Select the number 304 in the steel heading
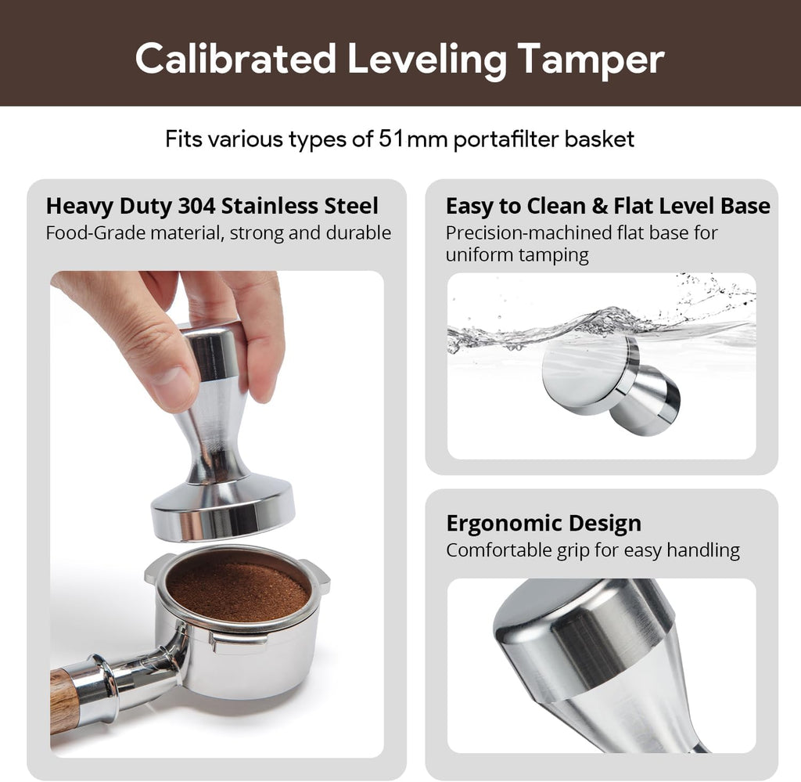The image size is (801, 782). click(197, 206)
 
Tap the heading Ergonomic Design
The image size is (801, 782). click(544, 523)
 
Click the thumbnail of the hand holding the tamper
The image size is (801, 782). click(217, 513)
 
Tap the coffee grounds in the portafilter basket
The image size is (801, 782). click(238, 588)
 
